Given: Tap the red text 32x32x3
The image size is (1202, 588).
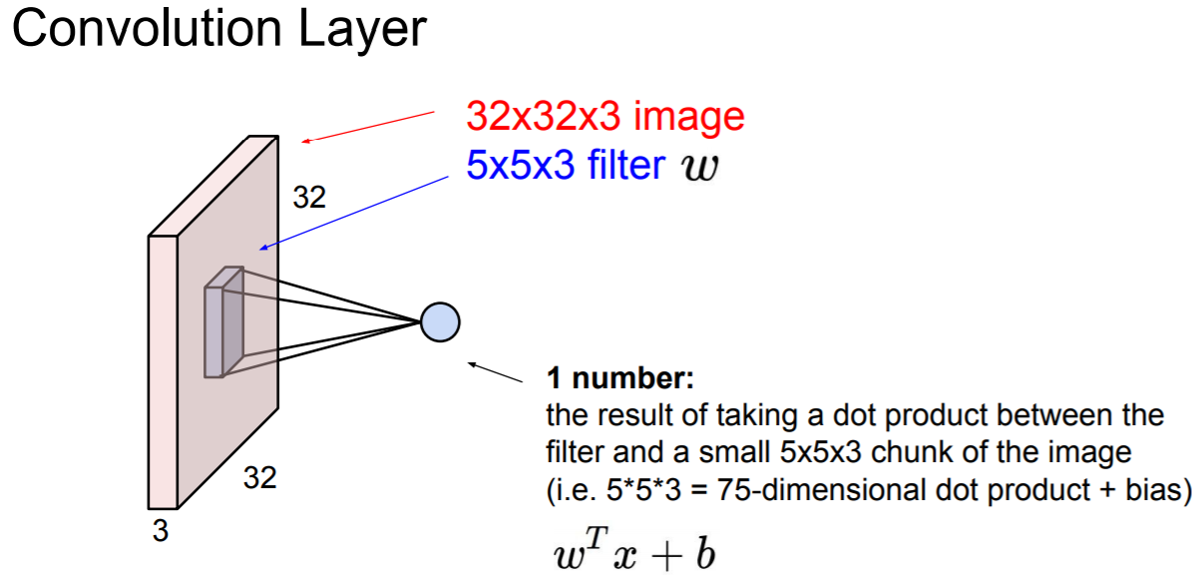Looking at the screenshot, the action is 541,117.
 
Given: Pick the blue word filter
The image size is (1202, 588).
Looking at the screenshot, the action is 623,165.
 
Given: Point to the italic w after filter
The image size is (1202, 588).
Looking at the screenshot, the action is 699,168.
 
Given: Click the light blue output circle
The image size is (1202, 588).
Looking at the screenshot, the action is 440,321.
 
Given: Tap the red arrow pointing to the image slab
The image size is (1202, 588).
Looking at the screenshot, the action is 369,126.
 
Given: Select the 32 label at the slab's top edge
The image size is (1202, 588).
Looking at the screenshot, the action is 309,198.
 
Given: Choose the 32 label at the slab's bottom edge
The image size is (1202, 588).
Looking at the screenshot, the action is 259,479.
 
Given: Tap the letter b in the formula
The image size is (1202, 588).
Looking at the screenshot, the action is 704,555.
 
